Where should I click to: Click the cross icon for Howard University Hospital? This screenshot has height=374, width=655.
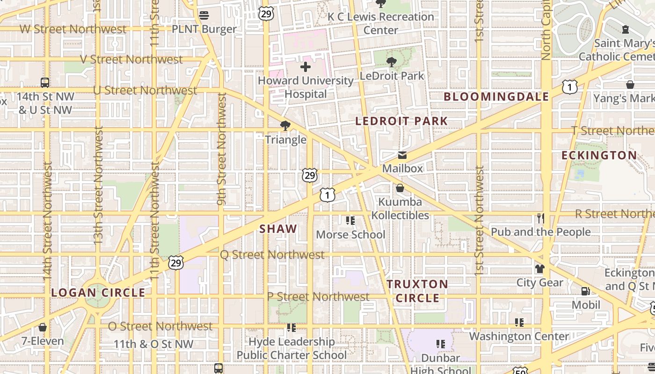click(306, 67)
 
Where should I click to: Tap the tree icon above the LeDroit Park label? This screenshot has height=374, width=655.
click(392, 61)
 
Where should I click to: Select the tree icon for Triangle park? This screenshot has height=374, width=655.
click(285, 125)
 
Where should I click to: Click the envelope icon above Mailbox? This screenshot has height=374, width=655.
click(402, 155)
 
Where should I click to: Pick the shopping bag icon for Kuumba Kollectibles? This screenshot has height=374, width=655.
click(400, 188)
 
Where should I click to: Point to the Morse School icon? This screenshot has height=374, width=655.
click(350, 220)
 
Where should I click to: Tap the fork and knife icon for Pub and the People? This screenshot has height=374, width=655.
click(541, 218)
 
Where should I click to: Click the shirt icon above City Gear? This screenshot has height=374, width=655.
click(540, 269)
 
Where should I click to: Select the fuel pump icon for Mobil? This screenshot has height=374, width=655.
click(585, 291)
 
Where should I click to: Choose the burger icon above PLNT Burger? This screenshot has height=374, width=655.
click(204, 15)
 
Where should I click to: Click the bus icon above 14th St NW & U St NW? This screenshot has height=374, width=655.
click(45, 83)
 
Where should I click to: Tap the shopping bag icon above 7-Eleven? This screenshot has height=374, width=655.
click(43, 327)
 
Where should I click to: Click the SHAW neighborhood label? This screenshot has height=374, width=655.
click(278, 229)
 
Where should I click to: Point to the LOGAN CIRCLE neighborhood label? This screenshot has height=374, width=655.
click(98, 293)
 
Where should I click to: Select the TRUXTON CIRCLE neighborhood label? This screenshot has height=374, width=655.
click(417, 291)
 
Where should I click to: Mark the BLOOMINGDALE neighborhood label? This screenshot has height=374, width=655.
click(496, 97)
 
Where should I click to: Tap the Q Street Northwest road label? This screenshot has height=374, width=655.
click(272, 255)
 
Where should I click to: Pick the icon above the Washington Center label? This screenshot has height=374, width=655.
click(519, 322)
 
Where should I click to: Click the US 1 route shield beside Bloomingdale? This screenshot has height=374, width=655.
click(570, 87)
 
